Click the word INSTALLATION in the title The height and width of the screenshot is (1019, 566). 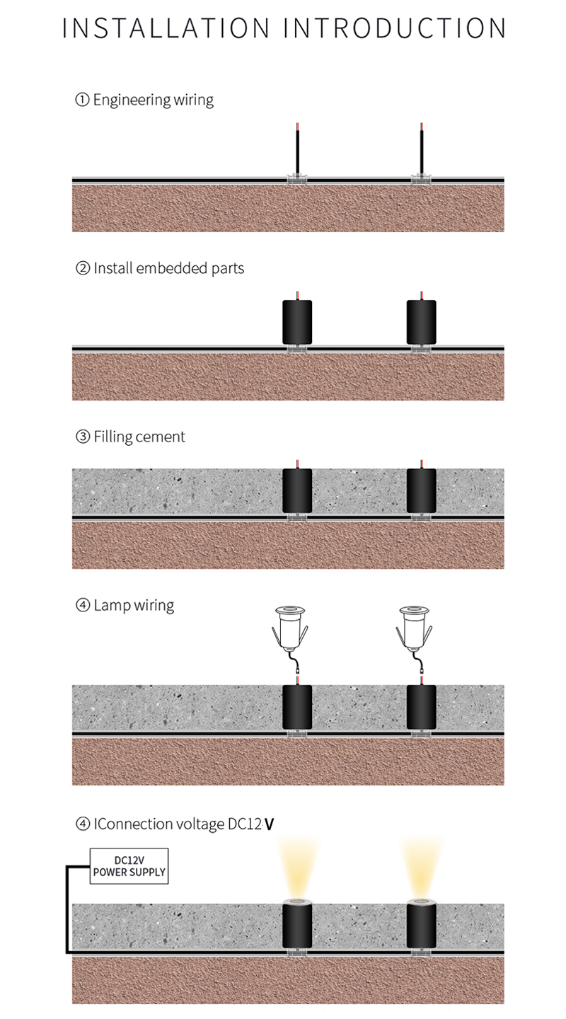coord(166,28)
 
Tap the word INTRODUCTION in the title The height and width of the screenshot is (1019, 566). coord(395,28)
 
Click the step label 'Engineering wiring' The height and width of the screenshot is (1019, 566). coord(154,100)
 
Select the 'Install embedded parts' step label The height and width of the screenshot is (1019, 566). coord(169,268)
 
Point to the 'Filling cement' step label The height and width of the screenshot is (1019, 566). coord(139,437)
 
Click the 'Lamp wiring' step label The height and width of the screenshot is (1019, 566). coord(134,606)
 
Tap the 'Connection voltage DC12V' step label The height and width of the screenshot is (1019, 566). coord(184,824)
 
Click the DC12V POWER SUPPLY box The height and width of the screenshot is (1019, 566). coord(129,866)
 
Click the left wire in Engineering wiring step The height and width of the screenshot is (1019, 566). coord(297,149)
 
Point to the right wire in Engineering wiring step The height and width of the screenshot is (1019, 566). coord(422,149)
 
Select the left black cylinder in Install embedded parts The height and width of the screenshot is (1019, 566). coord(297,322)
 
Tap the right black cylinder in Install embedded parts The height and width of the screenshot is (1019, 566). coord(421,322)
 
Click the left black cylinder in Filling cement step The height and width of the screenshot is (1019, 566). coord(297,491)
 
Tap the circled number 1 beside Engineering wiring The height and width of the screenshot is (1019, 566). coord(82,100)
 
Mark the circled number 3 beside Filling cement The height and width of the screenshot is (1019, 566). coord(82,437)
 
